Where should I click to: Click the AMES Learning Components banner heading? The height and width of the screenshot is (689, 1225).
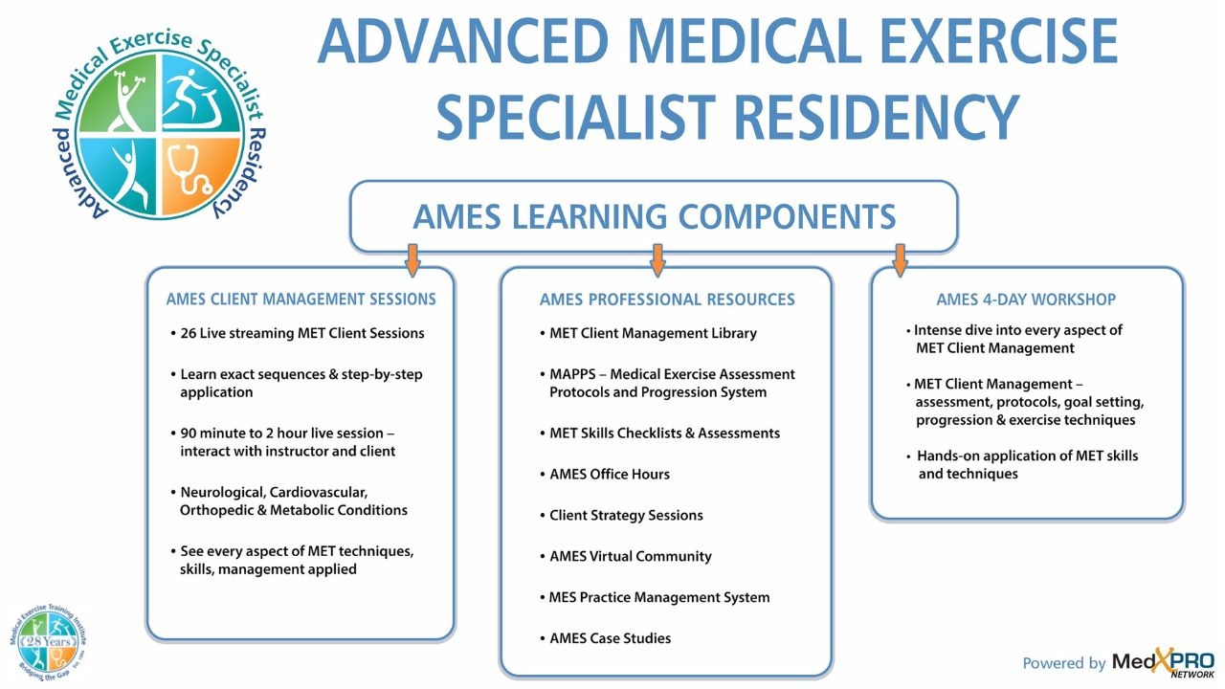coord(654,216)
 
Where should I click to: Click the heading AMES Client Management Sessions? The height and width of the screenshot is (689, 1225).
coord(301,300)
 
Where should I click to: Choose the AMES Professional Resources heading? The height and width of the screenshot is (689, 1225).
coord(667,300)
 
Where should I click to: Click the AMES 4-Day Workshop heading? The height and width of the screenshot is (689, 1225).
coord(1026,300)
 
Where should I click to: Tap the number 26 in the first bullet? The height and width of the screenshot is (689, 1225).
coord(189,333)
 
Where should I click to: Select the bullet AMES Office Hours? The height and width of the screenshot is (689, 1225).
coord(610,474)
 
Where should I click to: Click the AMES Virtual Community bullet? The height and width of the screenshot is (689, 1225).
coord(630,556)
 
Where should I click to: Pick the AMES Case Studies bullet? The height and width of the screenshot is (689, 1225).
coord(610,638)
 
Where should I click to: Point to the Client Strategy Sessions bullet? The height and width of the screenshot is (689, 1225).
coord(626,515)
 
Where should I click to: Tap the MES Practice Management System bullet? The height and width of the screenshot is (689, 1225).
coord(658,597)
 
